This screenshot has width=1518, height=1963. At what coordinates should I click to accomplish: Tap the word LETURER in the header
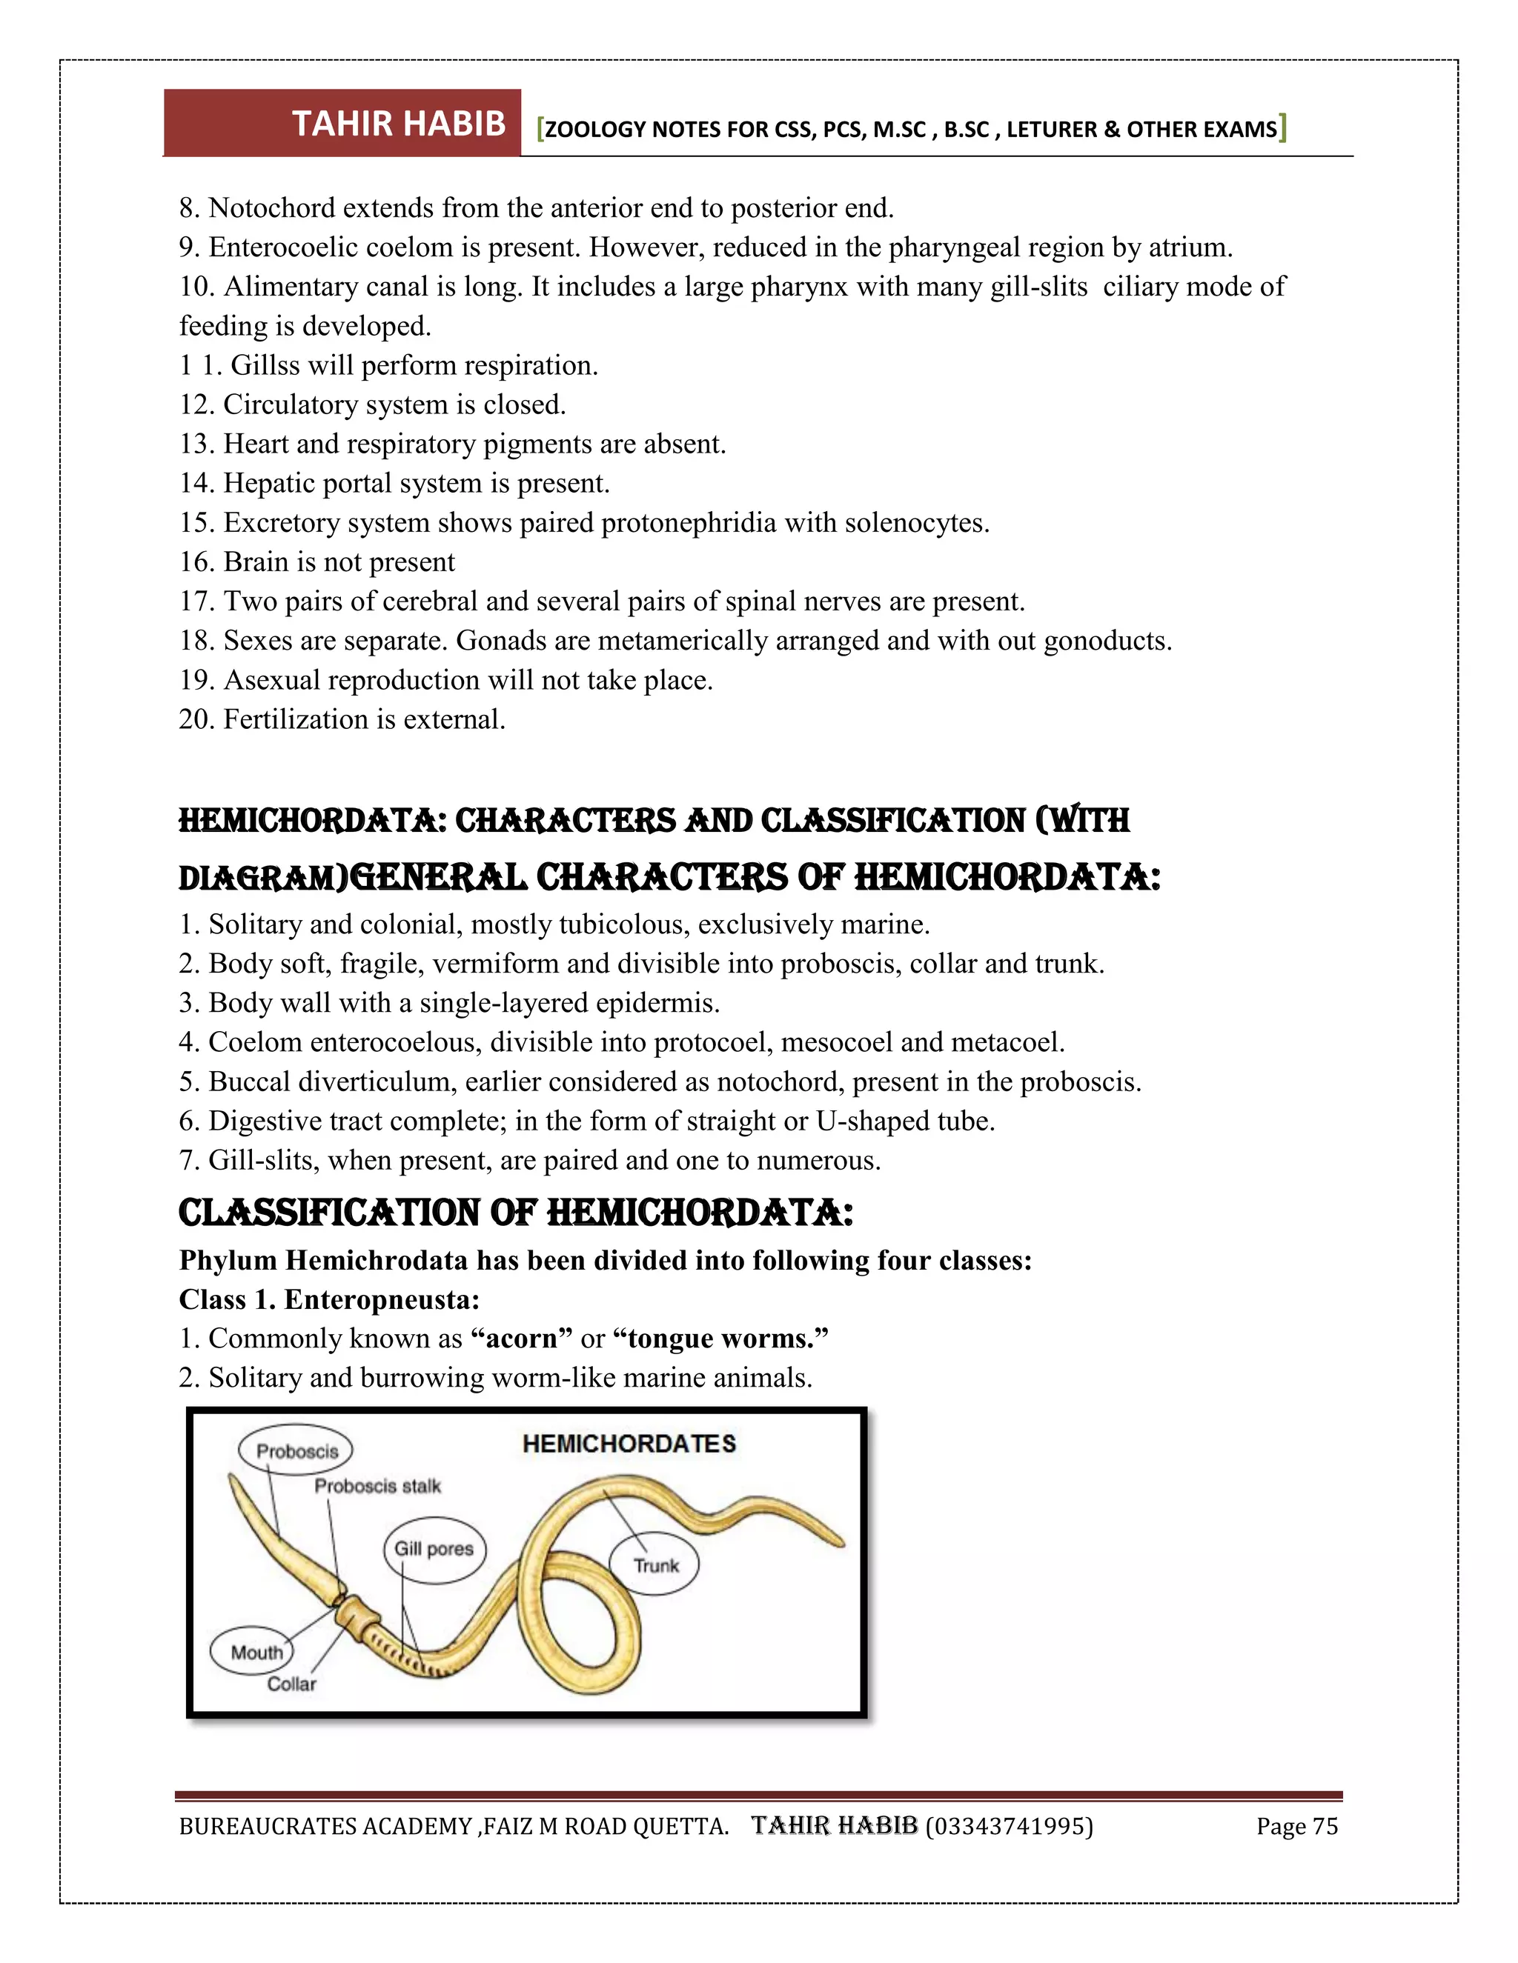point(1051,130)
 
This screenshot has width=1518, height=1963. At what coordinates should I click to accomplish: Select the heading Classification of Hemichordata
point(515,1213)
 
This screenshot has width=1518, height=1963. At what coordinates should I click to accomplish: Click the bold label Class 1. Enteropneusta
point(329,1300)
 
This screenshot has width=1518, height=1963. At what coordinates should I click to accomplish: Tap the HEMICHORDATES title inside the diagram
point(629,1444)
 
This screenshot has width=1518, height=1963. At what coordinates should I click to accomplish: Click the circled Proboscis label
point(296,1450)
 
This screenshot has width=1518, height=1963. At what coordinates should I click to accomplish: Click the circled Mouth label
point(256,1652)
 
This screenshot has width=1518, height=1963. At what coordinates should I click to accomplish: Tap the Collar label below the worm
point(291,1684)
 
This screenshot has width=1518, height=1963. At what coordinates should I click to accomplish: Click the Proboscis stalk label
point(378,1487)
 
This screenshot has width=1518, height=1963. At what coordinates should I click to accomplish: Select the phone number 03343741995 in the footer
point(1009,1827)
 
